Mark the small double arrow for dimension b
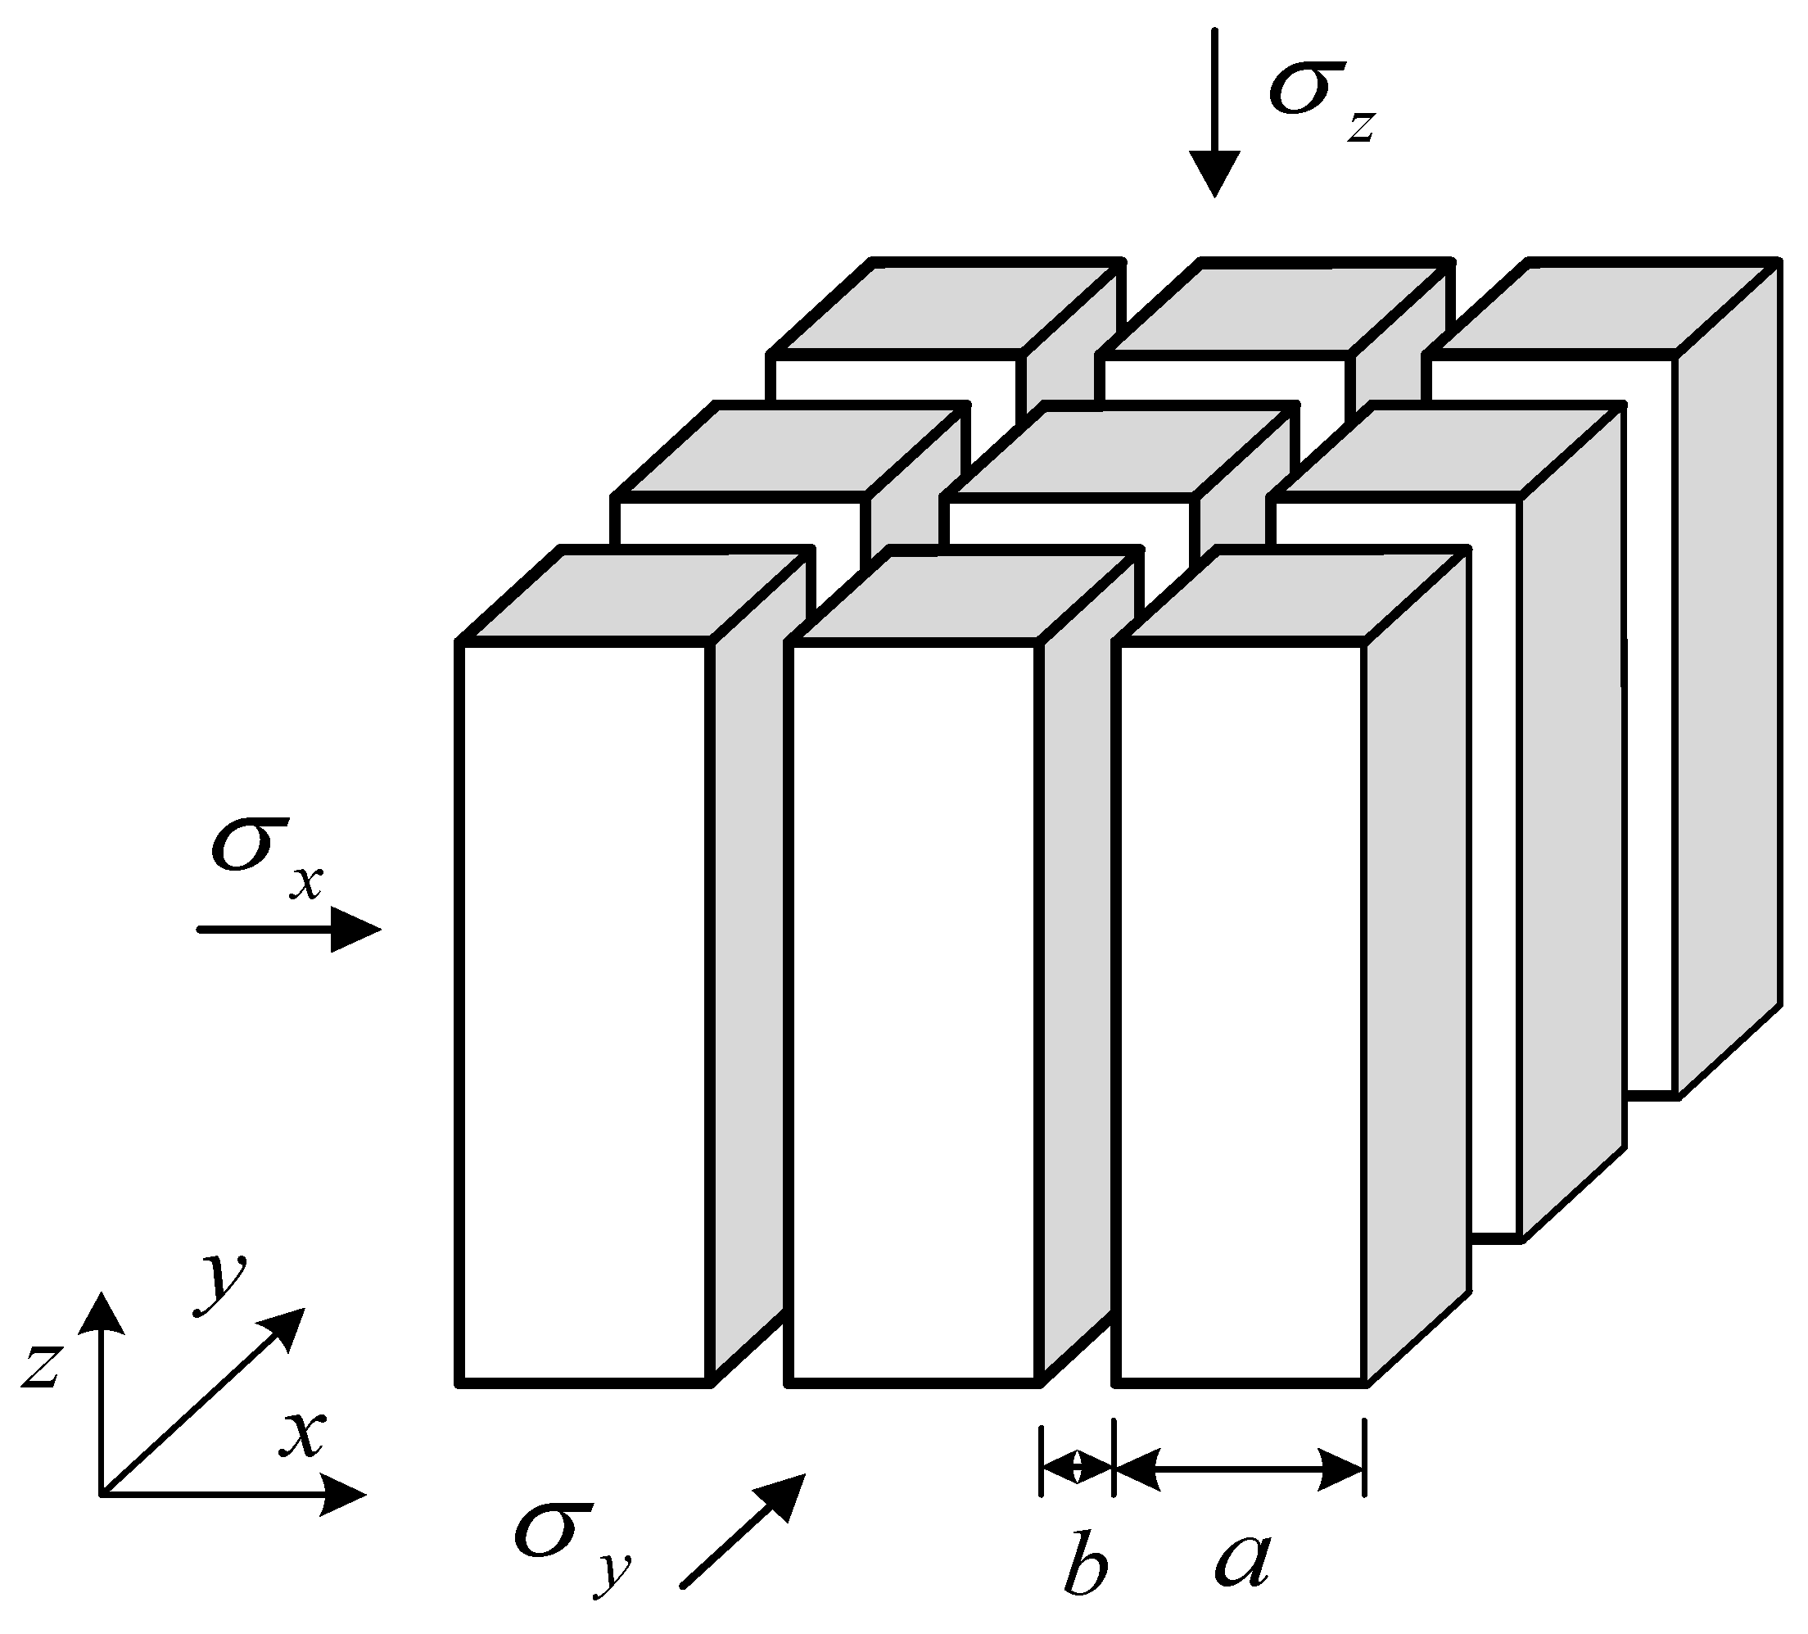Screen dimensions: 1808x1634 coord(1076,1469)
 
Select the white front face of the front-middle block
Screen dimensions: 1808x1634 coord(914,1013)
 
